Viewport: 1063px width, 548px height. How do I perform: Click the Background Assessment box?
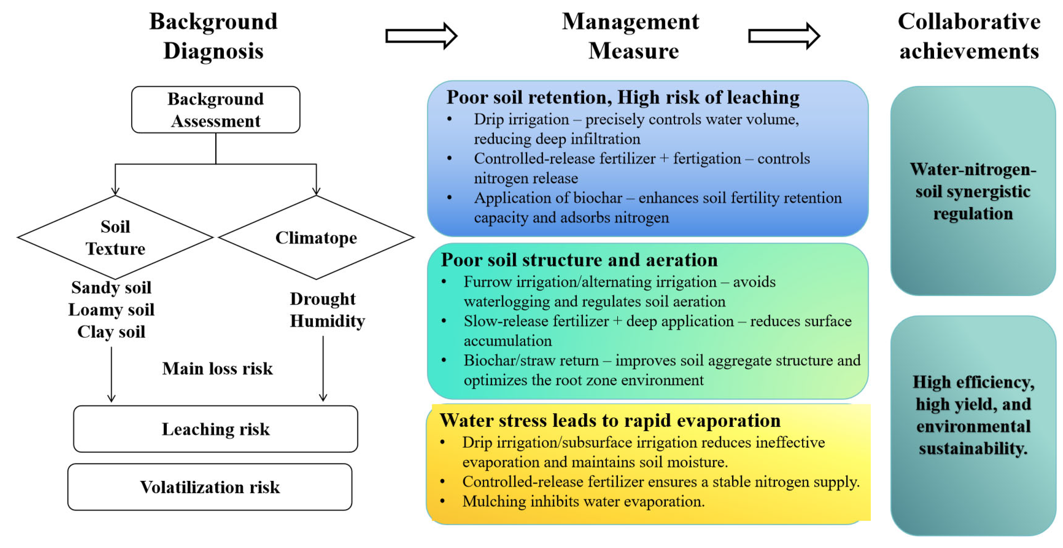[x=216, y=110]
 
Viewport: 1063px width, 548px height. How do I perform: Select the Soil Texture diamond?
[x=115, y=237]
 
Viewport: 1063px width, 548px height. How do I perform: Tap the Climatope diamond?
[x=316, y=238]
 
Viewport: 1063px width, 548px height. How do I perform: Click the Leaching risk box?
[x=216, y=429]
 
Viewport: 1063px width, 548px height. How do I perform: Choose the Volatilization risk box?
[x=210, y=487]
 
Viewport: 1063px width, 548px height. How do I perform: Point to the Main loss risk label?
[x=217, y=368]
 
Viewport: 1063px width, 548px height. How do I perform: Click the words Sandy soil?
[x=111, y=287]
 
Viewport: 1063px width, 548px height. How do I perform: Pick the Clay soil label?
[x=111, y=332]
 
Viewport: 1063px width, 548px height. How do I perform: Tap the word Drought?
[x=322, y=299]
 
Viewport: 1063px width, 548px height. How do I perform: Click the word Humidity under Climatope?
[x=327, y=321]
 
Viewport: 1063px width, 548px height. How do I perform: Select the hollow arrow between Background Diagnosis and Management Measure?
[x=421, y=36]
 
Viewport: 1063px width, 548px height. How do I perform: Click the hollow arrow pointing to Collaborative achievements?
[x=784, y=36]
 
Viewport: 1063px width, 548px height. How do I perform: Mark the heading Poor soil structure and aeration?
[x=579, y=260]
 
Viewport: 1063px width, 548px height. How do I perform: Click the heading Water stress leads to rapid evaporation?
[x=610, y=420]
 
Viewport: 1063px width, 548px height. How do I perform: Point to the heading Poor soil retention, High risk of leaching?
[x=623, y=97]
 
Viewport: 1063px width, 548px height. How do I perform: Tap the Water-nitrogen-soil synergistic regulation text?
[x=972, y=192]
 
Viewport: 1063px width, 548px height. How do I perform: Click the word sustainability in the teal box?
[x=972, y=448]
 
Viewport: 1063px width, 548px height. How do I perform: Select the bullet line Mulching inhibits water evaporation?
[x=583, y=501]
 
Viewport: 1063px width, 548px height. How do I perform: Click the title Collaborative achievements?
[x=969, y=36]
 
